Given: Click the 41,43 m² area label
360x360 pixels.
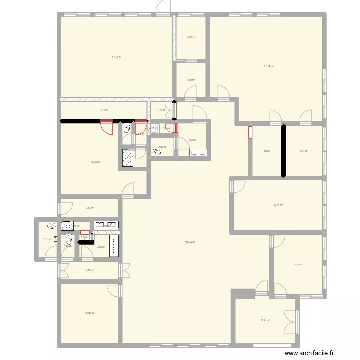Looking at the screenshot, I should pyautogui.click(x=117, y=57).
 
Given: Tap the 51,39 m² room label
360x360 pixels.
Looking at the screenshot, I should pyautogui.click(x=268, y=66).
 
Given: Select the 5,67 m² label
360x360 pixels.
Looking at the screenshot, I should pyautogui.click(x=191, y=38).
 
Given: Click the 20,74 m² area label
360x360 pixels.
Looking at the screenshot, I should pyautogui.click(x=278, y=205).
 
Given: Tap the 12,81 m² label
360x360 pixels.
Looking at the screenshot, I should pyautogui.click(x=265, y=321).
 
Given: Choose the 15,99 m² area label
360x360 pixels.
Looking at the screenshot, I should pyautogui.click(x=90, y=313).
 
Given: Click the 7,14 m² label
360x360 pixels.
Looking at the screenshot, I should pyautogui.click(x=104, y=110).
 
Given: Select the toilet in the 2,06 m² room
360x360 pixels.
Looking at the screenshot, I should pyautogui.click(x=156, y=153).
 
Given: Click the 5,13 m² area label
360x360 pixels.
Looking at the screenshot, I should pyautogui.click(x=89, y=208).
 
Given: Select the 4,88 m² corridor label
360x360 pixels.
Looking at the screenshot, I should pyautogui.click(x=89, y=270).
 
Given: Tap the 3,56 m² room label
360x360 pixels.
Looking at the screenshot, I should pyautogui.click(x=101, y=247).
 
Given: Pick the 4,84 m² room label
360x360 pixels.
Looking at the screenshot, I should pyautogui.click(x=191, y=80).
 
